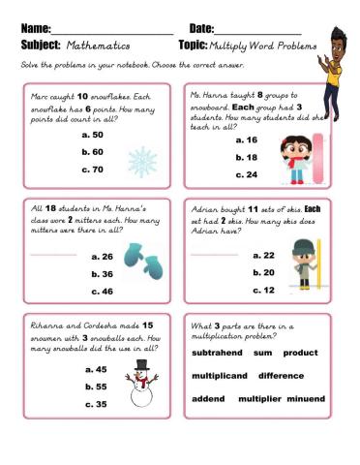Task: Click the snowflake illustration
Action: click(142, 161)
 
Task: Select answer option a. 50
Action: click(93, 136)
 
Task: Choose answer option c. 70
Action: click(93, 170)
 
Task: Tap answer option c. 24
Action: click(246, 174)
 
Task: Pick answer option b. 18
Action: click(246, 157)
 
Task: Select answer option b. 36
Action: click(101, 274)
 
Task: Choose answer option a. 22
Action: click(264, 256)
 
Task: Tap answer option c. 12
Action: click(264, 290)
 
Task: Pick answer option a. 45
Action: click(96, 369)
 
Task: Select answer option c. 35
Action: click(96, 404)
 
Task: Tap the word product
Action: click(300, 353)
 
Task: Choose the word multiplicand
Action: click(220, 375)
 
